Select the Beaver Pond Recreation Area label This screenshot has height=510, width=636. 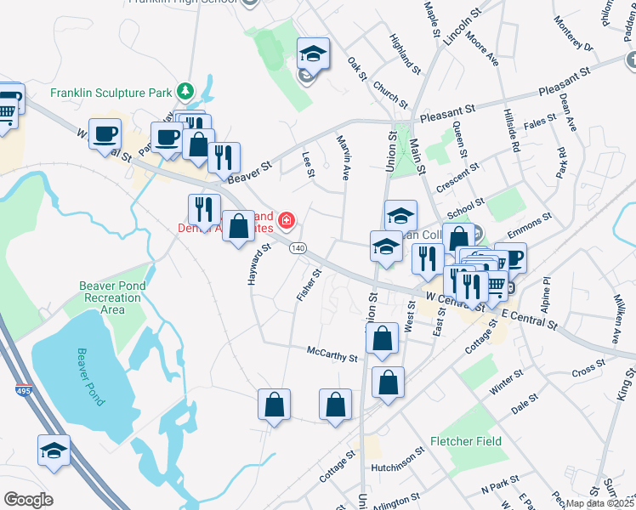111,297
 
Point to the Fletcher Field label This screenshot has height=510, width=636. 466,441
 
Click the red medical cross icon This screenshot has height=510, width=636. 287,222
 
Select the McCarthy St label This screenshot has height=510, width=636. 332,354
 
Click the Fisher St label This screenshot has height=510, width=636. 309,285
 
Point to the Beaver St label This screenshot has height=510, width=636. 248,167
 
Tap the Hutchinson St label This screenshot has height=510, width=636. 397,467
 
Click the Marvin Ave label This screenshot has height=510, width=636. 344,157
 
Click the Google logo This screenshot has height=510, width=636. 28,500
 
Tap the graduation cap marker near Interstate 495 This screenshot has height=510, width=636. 54,451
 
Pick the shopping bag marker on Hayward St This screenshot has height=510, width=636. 239,226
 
